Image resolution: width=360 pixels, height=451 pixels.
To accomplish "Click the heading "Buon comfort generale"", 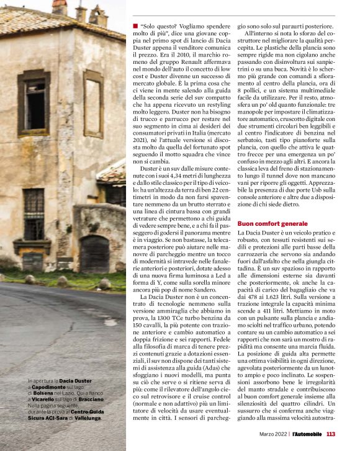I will [272, 222].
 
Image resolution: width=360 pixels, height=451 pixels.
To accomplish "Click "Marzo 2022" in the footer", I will [274, 434].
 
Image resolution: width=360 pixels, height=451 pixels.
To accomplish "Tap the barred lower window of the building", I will [34, 212].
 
